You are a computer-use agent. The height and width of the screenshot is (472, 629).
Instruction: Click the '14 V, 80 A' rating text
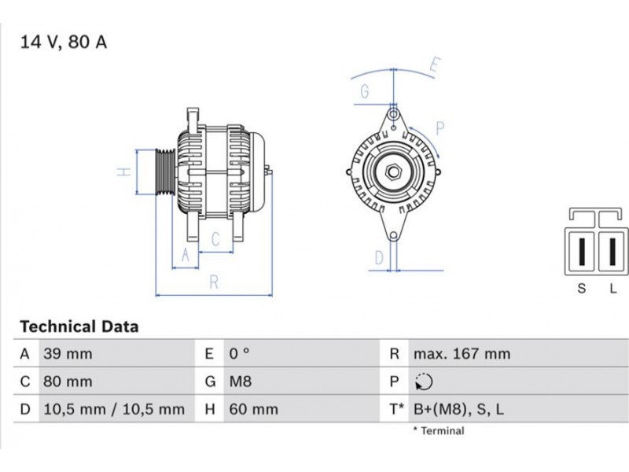tap(64, 42)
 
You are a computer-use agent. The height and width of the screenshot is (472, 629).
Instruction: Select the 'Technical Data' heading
tap(79, 326)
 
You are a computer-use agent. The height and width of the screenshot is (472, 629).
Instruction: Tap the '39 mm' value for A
tap(68, 354)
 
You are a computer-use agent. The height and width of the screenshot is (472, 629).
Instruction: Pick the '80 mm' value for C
tap(68, 382)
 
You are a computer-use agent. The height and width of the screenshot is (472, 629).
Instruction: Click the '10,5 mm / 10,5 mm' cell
tap(114, 409)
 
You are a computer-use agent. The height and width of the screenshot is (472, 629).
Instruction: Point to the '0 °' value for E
tap(240, 353)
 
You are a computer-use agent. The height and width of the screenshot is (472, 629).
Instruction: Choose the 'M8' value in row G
tap(241, 382)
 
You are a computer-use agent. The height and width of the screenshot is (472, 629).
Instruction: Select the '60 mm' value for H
tap(253, 409)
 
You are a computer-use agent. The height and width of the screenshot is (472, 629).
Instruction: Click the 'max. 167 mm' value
tap(462, 354)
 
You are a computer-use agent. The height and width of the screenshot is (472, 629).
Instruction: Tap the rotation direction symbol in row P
tap(424, 382)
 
